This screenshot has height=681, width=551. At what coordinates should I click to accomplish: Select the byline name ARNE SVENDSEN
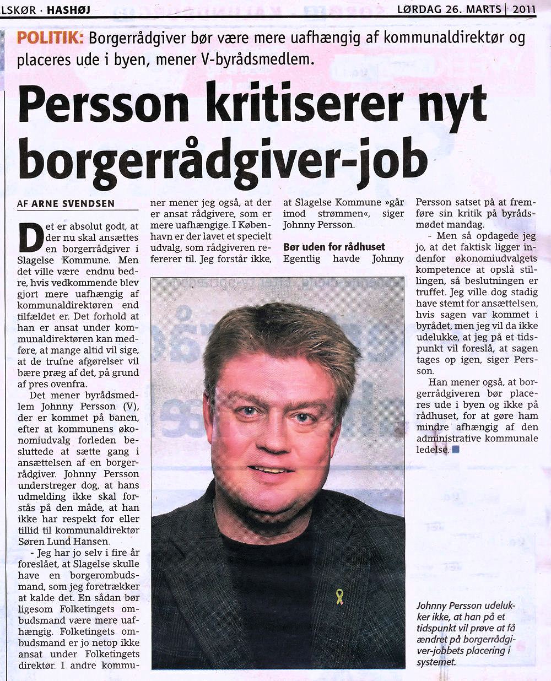(x=73, y=204)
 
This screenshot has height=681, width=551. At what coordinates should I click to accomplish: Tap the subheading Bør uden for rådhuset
(x=334, y=246)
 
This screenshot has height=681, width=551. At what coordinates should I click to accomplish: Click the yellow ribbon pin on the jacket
(x=340, y=596)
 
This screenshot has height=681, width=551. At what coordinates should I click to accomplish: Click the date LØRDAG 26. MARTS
(x=450, y=9)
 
